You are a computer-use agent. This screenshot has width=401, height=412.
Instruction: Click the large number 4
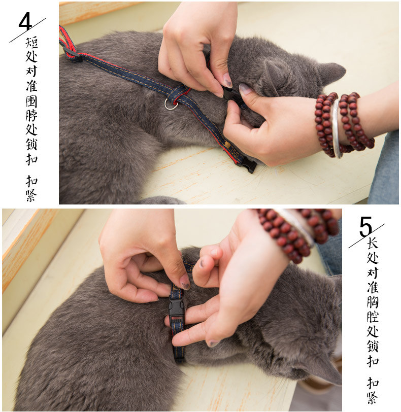tap(25, 21)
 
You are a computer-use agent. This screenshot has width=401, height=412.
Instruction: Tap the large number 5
tap(365, 226)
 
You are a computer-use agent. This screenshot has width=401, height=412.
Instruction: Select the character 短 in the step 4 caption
tap(31, 43)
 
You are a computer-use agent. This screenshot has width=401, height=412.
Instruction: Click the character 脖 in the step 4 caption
tap(31, 115)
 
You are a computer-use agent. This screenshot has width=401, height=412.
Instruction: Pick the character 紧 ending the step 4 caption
tap(31, 195)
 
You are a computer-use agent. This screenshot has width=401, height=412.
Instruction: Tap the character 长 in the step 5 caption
tap(373, 243)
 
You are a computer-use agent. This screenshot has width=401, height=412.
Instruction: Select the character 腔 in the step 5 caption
tap(373, 317)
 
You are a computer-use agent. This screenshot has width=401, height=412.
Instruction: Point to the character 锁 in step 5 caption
tap(373, 346)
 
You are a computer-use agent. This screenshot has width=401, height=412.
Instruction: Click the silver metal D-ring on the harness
tap(171, 104)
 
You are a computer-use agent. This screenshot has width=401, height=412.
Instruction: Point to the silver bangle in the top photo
tap(337, 129)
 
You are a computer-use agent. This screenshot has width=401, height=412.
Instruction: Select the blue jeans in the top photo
tap(384, 168)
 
